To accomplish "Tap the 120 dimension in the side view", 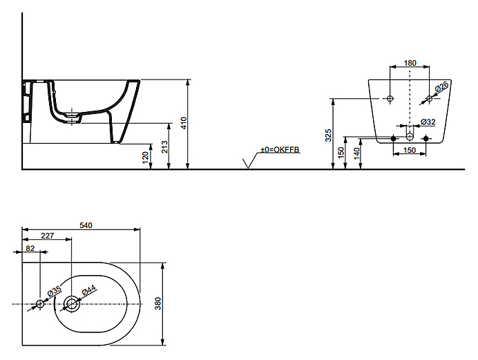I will click(146, 157).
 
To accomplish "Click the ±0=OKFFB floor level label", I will click(280, 150).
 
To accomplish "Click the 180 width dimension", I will click(410, 64).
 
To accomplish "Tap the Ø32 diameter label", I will click(429, 122).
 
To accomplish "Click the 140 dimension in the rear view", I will click(356, 153).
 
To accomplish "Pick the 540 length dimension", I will click(87, 225).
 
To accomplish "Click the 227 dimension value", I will click(47, 236).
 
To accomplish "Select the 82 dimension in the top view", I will click(30, 247).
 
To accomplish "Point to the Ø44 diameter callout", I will click(89, 291).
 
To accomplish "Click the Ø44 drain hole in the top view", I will click(72, 303).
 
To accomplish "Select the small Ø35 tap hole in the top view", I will click(40, 303).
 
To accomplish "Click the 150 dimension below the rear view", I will click(410, 150).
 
